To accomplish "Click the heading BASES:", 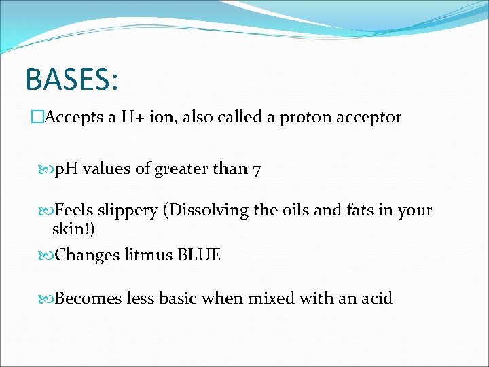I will pyautogui.click(x=72, y=79).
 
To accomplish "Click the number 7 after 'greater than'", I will pyautogui.click(x=255, y=169).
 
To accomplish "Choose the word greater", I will pyautogui.click(x=181, y=170).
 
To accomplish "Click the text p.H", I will pyautogui.click(x=67, y=169).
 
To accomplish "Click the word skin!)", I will pyautogui.click(x=73, y=231).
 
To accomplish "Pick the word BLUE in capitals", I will pyautogui.click(x=198, y=255).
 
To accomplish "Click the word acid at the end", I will pyautogui.click(x=376, y=298).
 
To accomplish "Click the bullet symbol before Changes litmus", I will pyautogui.click(x=47, y=256).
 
